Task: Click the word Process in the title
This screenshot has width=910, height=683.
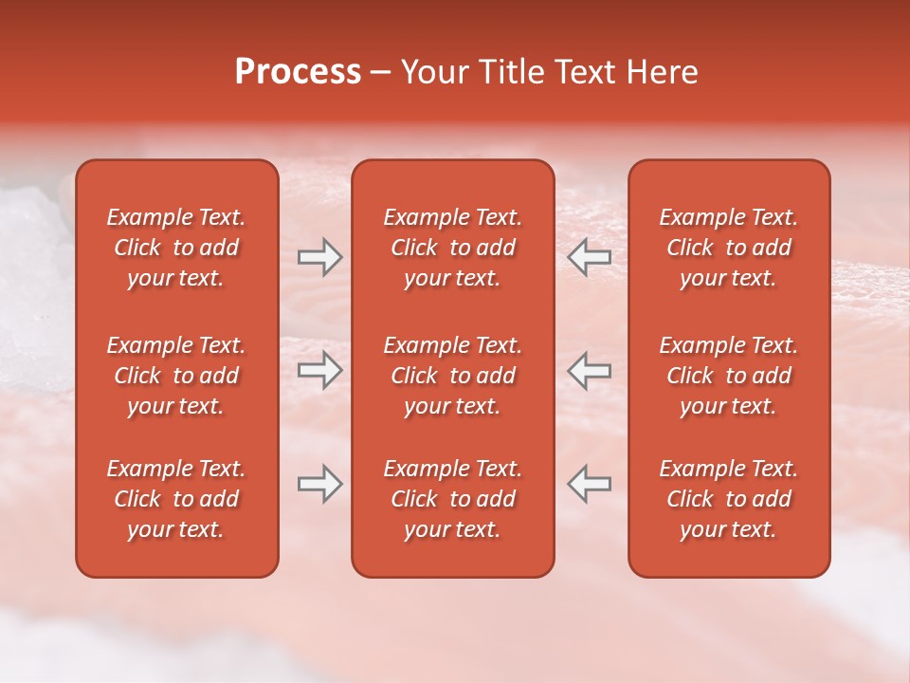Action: coord(298,72)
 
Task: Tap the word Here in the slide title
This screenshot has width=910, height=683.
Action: coord(663,72)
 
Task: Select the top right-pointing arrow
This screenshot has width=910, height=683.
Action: coord(319,257)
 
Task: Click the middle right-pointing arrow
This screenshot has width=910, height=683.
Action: coord(319,370)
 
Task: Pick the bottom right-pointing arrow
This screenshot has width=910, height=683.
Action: coord(319,484)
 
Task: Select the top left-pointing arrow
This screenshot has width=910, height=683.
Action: coord(590,257)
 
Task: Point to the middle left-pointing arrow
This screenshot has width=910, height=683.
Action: coord(590,370)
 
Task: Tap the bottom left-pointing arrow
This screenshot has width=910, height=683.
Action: coord(590,484)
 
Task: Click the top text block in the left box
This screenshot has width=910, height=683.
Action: coord(176,248)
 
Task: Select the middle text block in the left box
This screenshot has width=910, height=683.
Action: coord(176,376)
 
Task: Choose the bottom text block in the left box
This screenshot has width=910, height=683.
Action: coord(176,499)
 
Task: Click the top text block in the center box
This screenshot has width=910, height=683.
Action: coord(452,248)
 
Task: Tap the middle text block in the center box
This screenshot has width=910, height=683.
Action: coord(452,376)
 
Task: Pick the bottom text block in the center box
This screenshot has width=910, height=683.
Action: coord(452,499)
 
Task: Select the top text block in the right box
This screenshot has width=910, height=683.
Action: coord(728,248)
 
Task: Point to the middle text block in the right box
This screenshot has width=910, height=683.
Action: coord(728,376)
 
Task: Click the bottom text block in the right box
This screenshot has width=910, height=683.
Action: coord(728,499)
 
